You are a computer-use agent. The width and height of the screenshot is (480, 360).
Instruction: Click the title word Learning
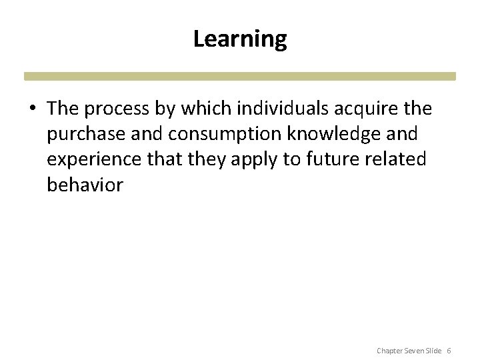[x=240, y=40]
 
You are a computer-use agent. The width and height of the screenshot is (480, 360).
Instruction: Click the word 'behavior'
[x=85, y=185]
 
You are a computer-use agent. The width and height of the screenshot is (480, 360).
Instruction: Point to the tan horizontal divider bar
[x=240, y=76]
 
